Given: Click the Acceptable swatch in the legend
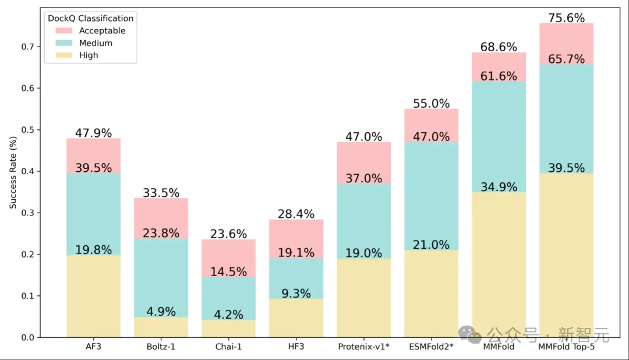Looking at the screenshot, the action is tap(64, 30).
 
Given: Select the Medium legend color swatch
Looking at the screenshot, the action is tap(64, 43).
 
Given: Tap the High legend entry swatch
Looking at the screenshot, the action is tap(64, 55).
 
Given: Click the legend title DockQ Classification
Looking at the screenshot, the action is tap(90, 18).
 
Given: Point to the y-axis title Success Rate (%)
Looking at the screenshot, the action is tap(13, 172).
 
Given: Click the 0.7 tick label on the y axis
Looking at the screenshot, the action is tap(28, 47).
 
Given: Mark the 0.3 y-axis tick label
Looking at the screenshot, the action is tap(28, 213).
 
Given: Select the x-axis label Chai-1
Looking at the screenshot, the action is tap(228, 347).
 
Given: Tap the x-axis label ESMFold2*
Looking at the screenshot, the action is tap(431, 347).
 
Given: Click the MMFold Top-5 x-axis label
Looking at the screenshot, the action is tap(566, 347).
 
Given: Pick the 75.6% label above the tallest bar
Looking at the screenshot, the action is tap(567, 17).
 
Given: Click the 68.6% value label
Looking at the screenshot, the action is tap(499, 47).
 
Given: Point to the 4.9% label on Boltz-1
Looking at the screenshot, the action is tap(161, 311).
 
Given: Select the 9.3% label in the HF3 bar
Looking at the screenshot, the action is tap(296, 293).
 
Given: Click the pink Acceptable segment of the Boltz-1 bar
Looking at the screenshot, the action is tap(161, 218).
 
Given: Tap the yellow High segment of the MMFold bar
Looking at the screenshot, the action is tap(499, 265).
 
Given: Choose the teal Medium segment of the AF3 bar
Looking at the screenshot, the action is tap(93, 214).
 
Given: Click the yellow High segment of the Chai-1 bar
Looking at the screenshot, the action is tap(228, 329).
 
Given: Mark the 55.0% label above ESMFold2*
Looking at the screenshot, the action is tap(431, 103).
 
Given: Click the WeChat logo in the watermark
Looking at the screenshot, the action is tap(470, 334).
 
